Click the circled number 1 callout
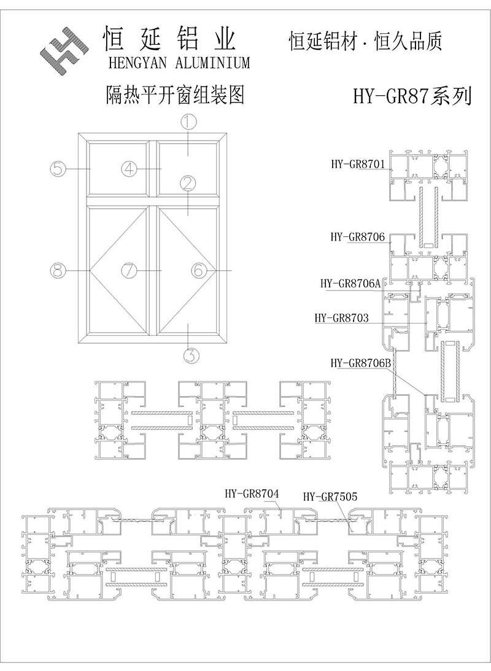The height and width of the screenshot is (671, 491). click(188, 122)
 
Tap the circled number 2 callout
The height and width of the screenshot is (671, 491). click(188, 182)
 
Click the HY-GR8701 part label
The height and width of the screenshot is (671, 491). click(357, 164)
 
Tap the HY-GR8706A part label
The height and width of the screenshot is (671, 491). click(350, 283)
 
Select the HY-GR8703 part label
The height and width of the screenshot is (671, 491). click(341, 318)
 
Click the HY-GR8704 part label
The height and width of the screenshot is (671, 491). click(252, 493)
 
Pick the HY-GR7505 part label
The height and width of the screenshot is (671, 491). click(330, 496)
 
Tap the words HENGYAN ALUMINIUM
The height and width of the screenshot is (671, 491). click(179, 63)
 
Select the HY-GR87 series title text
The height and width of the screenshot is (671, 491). click(412, 97)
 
